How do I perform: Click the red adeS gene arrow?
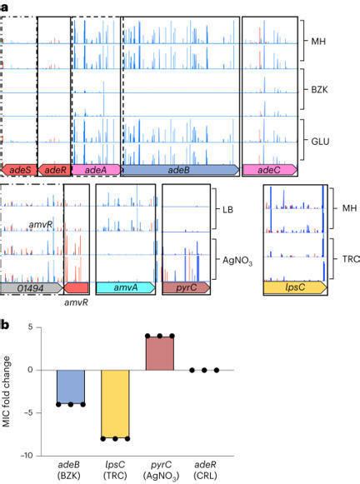click(x=18, y=170)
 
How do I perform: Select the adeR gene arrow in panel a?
click(x=55, y=170)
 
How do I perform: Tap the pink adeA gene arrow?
click(x=95, y=170)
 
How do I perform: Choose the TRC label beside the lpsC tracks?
click(x=351, y=259)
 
